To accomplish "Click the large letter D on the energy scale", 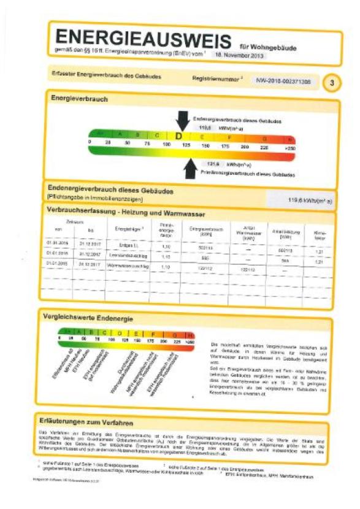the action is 179,136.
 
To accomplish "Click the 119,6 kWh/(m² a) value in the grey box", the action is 310,200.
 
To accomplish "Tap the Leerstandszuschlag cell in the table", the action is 128,254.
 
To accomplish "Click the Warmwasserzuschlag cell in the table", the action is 128,266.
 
